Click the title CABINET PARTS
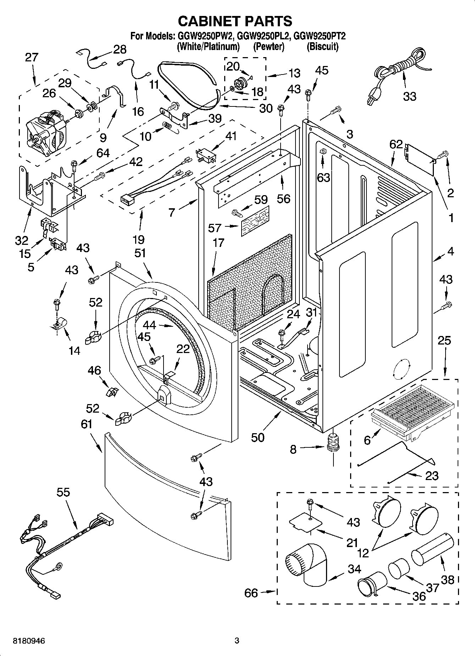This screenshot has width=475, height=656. click(x=235, y=21)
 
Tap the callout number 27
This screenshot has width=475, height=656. click(x=31, y=57)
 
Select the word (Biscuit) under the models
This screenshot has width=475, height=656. click(x=322, y=46)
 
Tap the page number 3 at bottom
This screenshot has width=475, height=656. click(x=237, y=641)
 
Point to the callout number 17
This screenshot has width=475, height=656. click(x=219, y=243)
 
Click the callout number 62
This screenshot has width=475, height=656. click(x=396, y=144)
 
